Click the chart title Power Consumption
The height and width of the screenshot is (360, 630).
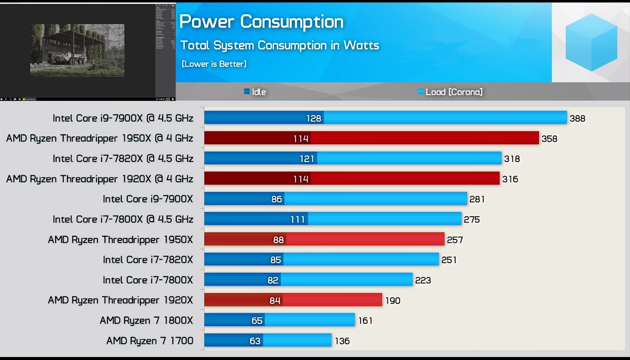click(261, 22)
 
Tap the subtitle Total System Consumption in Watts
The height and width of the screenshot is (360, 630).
click(279, 45)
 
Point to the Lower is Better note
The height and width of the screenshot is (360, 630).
click(214, 64)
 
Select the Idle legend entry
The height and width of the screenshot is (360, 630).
click(255, 92)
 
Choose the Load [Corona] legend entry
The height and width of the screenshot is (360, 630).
click(450, 92)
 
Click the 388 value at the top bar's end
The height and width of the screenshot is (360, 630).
click(577, 118)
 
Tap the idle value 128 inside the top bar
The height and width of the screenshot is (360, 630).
click(313, 118)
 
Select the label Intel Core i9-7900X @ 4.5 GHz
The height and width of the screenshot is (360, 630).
click(123, 118)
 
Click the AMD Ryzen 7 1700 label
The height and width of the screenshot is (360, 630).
click(150, 340)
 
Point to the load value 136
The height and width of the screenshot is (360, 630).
click(342, 341)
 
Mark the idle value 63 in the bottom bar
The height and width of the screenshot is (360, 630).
click(255, 341)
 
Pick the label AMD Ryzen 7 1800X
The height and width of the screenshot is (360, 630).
click(146, 321)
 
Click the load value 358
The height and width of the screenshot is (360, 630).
click(549, 139)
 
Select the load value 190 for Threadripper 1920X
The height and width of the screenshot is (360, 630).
click(393, 300)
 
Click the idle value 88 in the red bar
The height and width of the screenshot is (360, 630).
click(278, 240)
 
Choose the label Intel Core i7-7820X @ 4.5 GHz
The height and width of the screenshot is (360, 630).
click(123, 159)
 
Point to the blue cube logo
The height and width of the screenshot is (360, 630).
click(591, 42)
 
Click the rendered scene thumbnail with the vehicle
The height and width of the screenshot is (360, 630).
click(77, 50)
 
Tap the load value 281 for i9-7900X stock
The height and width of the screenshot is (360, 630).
click(477, 199)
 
